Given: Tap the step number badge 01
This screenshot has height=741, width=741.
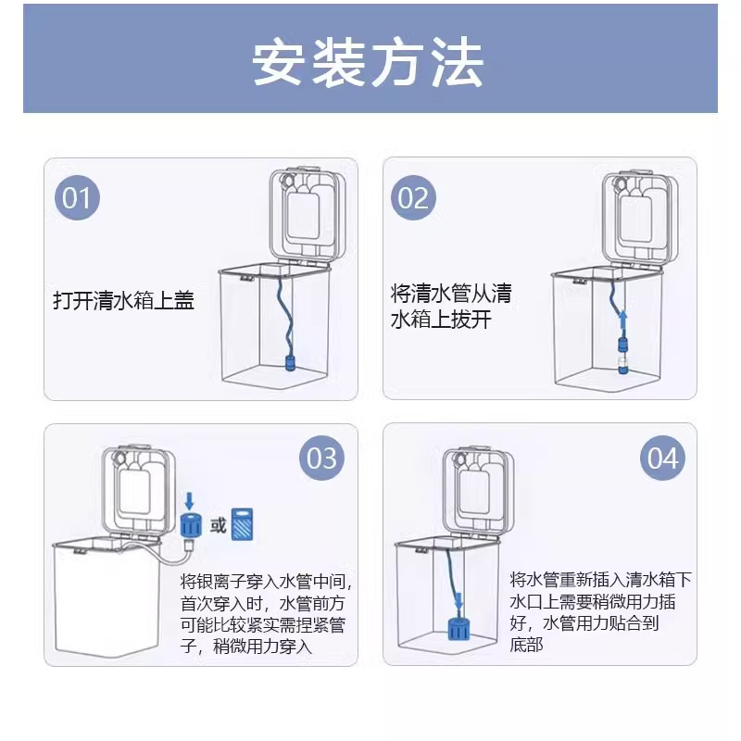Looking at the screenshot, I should tap(77, 198).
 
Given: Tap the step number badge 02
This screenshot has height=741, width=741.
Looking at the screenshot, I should tap(412, 198).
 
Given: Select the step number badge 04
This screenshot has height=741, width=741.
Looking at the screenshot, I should tap(662, 458).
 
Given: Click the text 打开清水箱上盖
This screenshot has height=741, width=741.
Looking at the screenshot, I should tap(123, 301).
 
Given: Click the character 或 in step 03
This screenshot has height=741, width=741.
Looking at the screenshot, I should tap(218, 526).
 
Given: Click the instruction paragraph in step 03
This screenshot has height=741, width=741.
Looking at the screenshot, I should tap(267, 613).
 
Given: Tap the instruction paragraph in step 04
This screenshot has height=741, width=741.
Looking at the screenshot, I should tap(600, 611).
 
